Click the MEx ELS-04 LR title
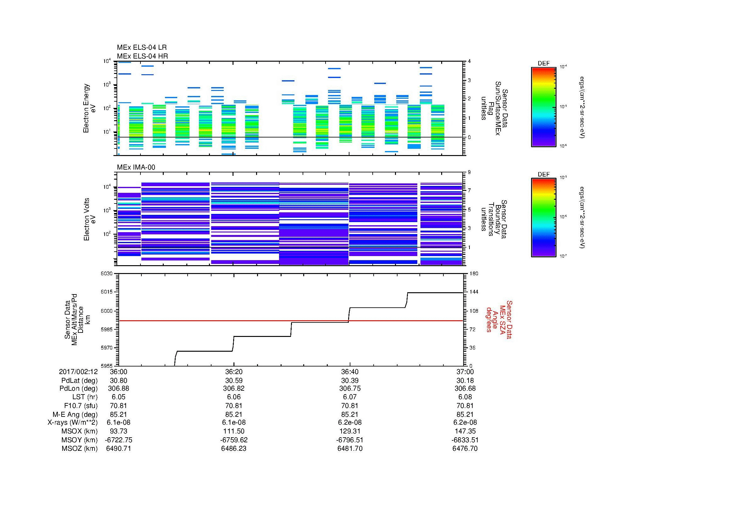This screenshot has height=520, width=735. click(141, 48)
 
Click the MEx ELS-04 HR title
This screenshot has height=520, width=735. click(142, 56)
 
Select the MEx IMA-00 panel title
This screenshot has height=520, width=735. click(136, 167)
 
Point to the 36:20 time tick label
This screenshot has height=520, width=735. click(234, 372)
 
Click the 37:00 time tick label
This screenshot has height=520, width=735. click(465, 372)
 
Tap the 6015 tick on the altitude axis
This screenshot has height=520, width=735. click(106, 292)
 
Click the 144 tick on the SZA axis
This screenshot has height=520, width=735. click(474, 292)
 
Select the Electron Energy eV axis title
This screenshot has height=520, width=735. click(89, 108)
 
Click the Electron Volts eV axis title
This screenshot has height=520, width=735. click(90, 219)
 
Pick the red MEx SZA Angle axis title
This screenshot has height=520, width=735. click(499, 319)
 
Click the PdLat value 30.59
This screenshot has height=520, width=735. click(234, 381)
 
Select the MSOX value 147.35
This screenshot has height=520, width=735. click(465, 431)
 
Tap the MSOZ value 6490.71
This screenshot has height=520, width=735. click(118, 449)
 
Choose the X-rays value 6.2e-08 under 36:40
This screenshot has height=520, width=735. click(350, 422)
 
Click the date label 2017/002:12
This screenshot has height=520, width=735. click(78, 372)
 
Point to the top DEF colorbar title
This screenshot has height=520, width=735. click(544, 64)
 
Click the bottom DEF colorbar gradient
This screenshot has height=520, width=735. click(544, 218)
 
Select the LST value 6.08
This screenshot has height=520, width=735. click(465, 397)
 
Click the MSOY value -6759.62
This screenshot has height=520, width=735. click(234, 440)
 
